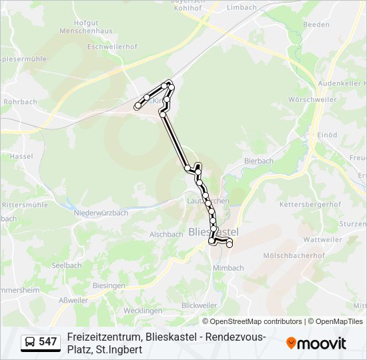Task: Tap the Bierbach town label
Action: [x=259, y=161]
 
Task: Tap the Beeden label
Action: [x=316, y=24]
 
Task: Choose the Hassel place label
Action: [x=22, y=156]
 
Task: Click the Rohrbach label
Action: [x=18, y=102]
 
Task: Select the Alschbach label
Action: [x=166, y=235]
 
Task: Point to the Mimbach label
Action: [x=228, y=268]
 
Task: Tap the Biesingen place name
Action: [x=109, y=285]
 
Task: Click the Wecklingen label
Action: [x=143, y=311]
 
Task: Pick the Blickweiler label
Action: [x=199, y=305]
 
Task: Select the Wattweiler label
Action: [x=322, y=239]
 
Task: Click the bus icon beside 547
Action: [x=31, y=342]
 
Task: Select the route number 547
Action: [x=48, y=342]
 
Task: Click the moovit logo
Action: [x=316, y=343]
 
